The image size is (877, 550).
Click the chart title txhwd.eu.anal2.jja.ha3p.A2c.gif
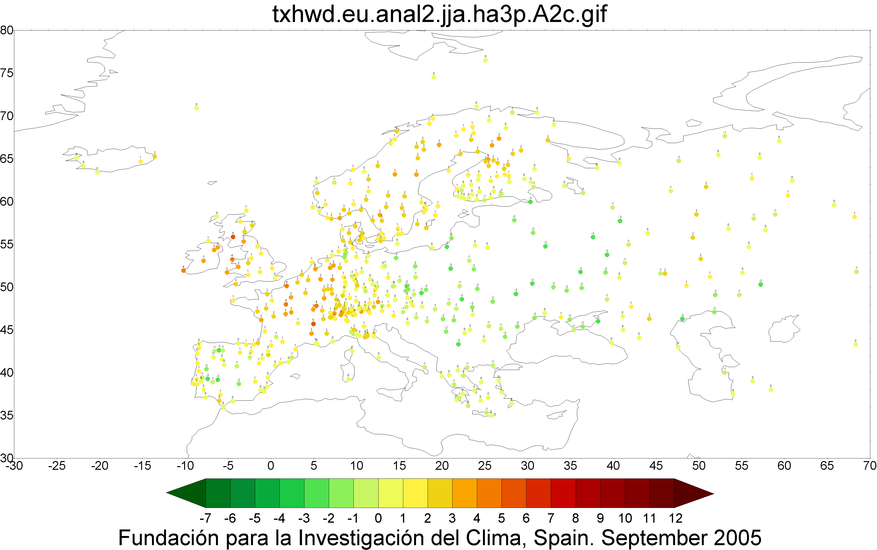(439, 14)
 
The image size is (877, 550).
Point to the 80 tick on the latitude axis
(7, 30)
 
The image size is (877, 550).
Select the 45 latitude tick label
(7, 330)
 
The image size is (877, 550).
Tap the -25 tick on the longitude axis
(57, 466)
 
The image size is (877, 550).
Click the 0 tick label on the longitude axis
(271, 466)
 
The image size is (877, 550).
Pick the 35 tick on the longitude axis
(570, 466)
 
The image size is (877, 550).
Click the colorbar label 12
(676, 518)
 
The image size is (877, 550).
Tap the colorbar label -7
(205, 518)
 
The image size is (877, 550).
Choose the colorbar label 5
(501, 518)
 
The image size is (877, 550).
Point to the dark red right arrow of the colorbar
(694, 493)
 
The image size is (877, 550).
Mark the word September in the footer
(649, 538)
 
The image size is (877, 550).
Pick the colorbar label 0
(378, 518)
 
